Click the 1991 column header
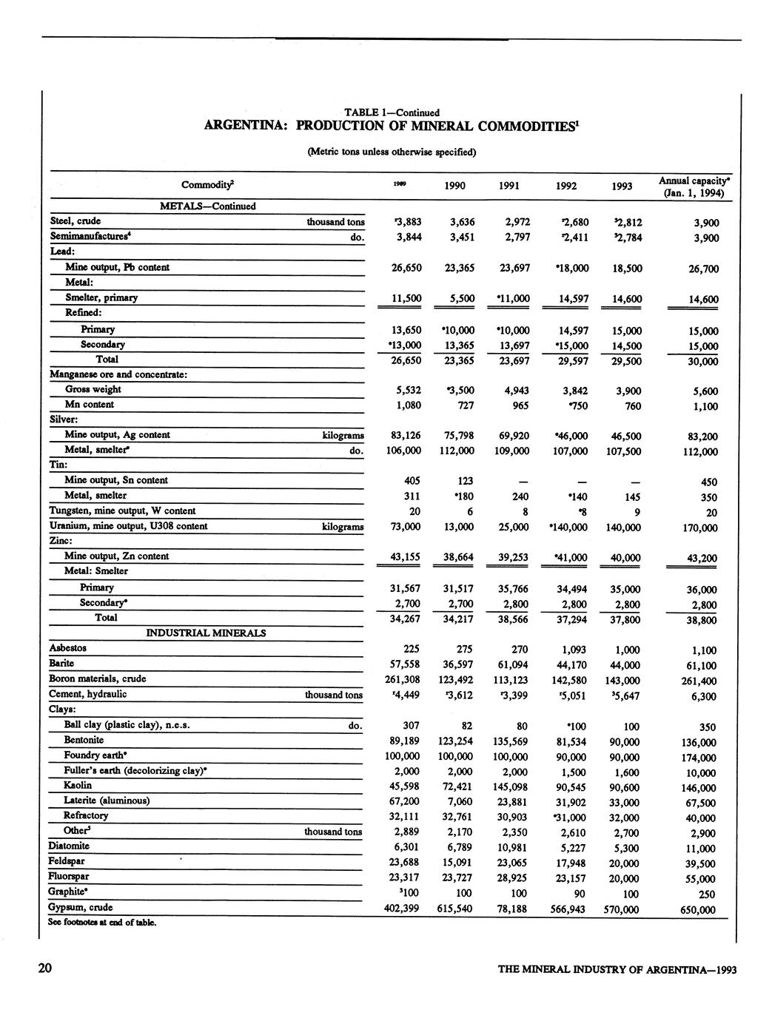coord(511,186)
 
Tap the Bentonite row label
coord(84,740)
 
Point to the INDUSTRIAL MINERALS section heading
coord(206,633)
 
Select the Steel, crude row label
coord(75,221)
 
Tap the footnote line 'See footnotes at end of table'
coord(102,923)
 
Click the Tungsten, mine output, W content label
coord(122,510)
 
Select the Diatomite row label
coord(69,846)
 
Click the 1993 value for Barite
coord(622,665)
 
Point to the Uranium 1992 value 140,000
coord(568,528)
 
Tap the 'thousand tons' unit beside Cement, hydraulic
coord(335,695)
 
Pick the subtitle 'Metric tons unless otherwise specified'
coord(392,152)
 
